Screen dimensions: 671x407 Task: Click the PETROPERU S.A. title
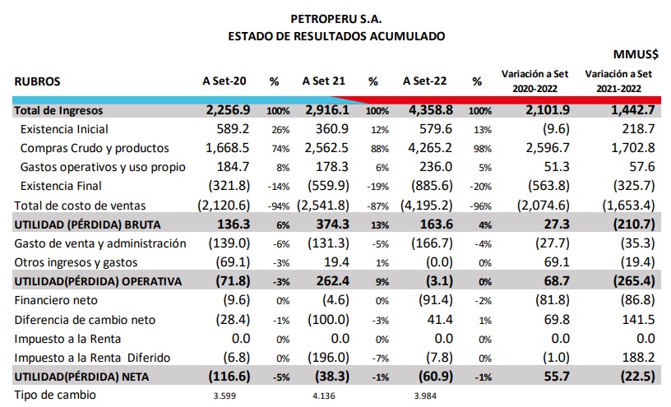point(336,19)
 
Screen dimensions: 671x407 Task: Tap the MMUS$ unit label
point(636,54)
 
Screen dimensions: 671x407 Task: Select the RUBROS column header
point(37,81)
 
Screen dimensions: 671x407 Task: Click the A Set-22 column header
point(424,81)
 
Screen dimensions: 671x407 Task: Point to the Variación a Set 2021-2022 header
point(618,81)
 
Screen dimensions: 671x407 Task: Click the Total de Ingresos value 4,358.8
point(431,110)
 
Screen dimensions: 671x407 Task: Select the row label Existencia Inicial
point(64,129)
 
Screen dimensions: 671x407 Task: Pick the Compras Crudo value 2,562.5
point(326,148)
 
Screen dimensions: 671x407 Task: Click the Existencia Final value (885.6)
point(432,186)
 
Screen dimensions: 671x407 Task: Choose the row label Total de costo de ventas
point(80,206)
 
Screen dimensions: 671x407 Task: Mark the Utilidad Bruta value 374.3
point(332,224)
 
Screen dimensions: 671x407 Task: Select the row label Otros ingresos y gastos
point(76,262)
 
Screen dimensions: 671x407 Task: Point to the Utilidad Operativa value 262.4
point(333,281)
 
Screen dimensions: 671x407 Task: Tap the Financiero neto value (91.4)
point(436,300)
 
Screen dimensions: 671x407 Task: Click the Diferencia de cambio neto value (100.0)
point(328,320)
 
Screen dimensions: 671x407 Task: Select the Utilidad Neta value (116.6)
point(229,377)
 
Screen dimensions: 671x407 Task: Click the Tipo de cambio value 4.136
point(323,395)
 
